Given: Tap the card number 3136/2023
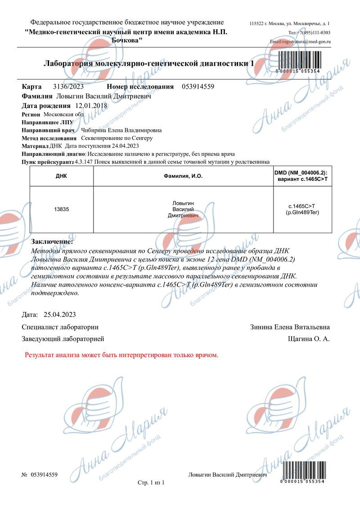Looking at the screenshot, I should coord(68,86).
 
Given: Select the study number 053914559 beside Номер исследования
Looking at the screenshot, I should coord(198,86).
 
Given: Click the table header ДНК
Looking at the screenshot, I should coord(61,176).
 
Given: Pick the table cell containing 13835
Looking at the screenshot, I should coord(61,209).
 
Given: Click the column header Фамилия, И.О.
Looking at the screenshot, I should coord(183,176).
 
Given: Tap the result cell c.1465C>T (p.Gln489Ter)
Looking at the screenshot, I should coord(302,209).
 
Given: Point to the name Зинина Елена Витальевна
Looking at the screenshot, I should coord(290,327).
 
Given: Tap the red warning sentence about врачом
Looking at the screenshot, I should coord(121,355).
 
